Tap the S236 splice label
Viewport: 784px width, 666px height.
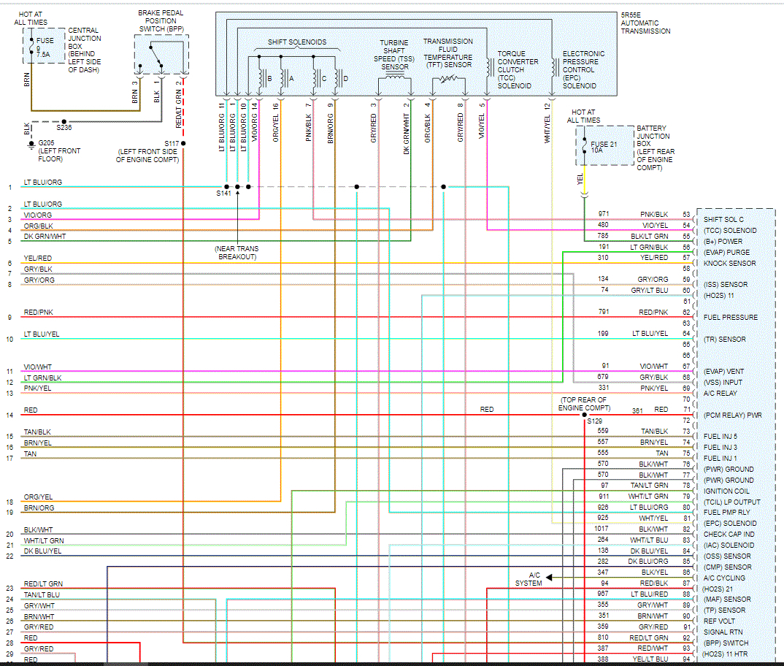[64, 128]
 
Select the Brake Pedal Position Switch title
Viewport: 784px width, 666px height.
[161, 20]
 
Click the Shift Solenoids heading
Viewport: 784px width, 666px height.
[297, 42]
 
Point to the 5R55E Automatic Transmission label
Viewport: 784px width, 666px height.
[645, 23]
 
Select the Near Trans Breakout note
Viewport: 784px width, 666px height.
[237, 253]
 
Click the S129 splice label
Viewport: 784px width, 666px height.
[595, 421]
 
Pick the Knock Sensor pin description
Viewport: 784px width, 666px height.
[729, 263]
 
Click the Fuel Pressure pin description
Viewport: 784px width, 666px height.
[730, 317]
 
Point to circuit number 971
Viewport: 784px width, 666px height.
[603, 214]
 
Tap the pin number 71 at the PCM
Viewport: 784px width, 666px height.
[686, 410]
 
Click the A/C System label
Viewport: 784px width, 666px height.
[529, 579]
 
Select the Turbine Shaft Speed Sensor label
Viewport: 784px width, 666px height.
[395, 55]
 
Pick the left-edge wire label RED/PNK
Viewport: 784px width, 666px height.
[38, 312]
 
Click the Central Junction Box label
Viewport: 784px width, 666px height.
[85, 50]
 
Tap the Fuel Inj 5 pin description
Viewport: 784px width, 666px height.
[720, 437]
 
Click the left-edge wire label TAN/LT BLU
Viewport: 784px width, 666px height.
[42, 594]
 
